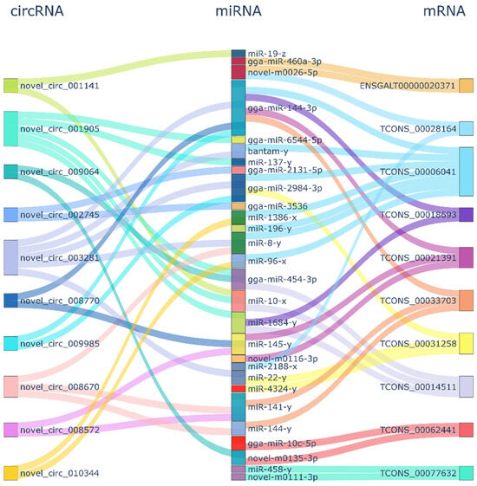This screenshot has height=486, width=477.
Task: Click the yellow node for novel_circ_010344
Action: point(10,473)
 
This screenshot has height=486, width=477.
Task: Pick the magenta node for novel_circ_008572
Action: point(10,430)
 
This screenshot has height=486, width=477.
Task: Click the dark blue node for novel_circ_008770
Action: point(10,301)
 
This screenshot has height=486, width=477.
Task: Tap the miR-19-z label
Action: point(266,53)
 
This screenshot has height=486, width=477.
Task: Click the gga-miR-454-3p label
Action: point(282,279)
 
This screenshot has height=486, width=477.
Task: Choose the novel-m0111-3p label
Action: point(282,476)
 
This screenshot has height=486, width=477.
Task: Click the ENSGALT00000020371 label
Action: point(407,86)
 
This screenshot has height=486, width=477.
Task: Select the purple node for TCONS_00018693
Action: point(466,214)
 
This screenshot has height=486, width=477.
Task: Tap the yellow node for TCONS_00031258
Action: point(466,343)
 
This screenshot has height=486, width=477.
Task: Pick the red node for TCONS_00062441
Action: point(466,430)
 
